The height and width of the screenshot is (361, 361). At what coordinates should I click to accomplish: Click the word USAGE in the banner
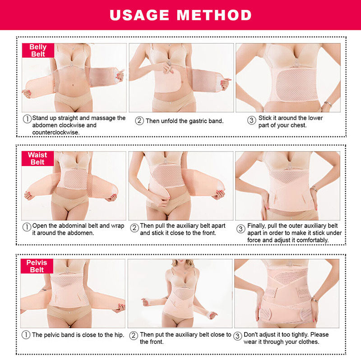tap(139, 15)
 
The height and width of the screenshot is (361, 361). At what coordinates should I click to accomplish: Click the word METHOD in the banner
tap(214, 15)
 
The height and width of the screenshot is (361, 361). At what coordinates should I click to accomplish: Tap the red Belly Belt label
tap(38, 51)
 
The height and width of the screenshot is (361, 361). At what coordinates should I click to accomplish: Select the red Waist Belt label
tap(37, 158)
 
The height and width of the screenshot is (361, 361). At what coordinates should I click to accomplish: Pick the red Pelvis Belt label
tap(37, 266)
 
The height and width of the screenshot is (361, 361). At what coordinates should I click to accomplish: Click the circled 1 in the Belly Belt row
tap(27, 119)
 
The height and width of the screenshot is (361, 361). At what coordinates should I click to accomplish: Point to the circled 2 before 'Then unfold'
tap(139, 120)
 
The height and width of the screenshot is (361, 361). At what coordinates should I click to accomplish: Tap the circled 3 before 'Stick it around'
tap(251, 120)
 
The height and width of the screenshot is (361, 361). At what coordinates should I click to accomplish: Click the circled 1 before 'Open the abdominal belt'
tap(27, 227)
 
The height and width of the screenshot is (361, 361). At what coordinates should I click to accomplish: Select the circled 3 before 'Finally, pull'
tap(241, 229)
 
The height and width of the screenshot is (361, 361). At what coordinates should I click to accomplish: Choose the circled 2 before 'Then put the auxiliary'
tap(134, 335)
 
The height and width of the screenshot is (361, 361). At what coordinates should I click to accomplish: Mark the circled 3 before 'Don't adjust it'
tap(238, 336)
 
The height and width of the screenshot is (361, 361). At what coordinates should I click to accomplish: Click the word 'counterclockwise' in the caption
tap(56, 132)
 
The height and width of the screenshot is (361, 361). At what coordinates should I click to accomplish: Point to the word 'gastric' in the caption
tap(190, 121)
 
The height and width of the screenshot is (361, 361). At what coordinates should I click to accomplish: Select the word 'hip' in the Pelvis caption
tap(119, 335)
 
